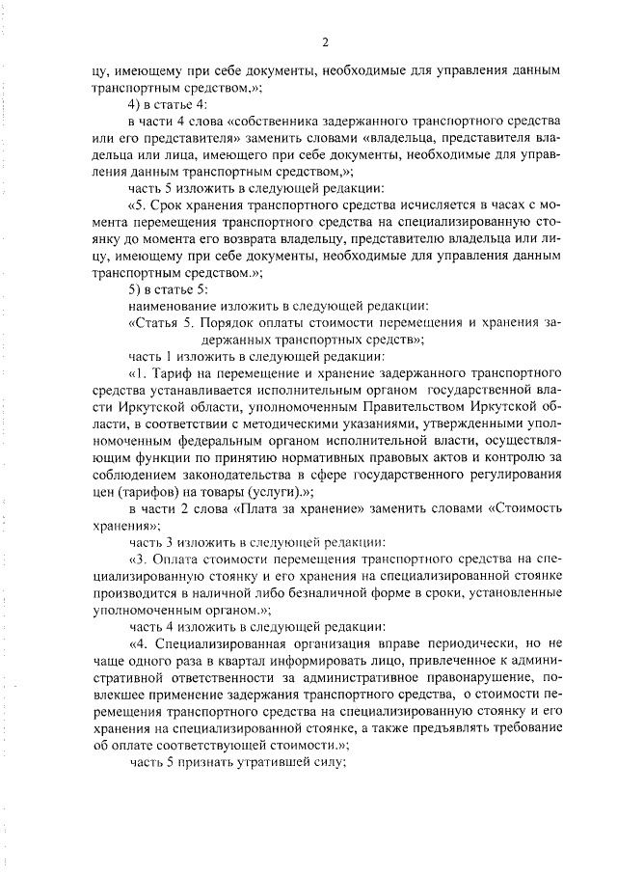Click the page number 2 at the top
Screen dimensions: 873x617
(325, 42)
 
